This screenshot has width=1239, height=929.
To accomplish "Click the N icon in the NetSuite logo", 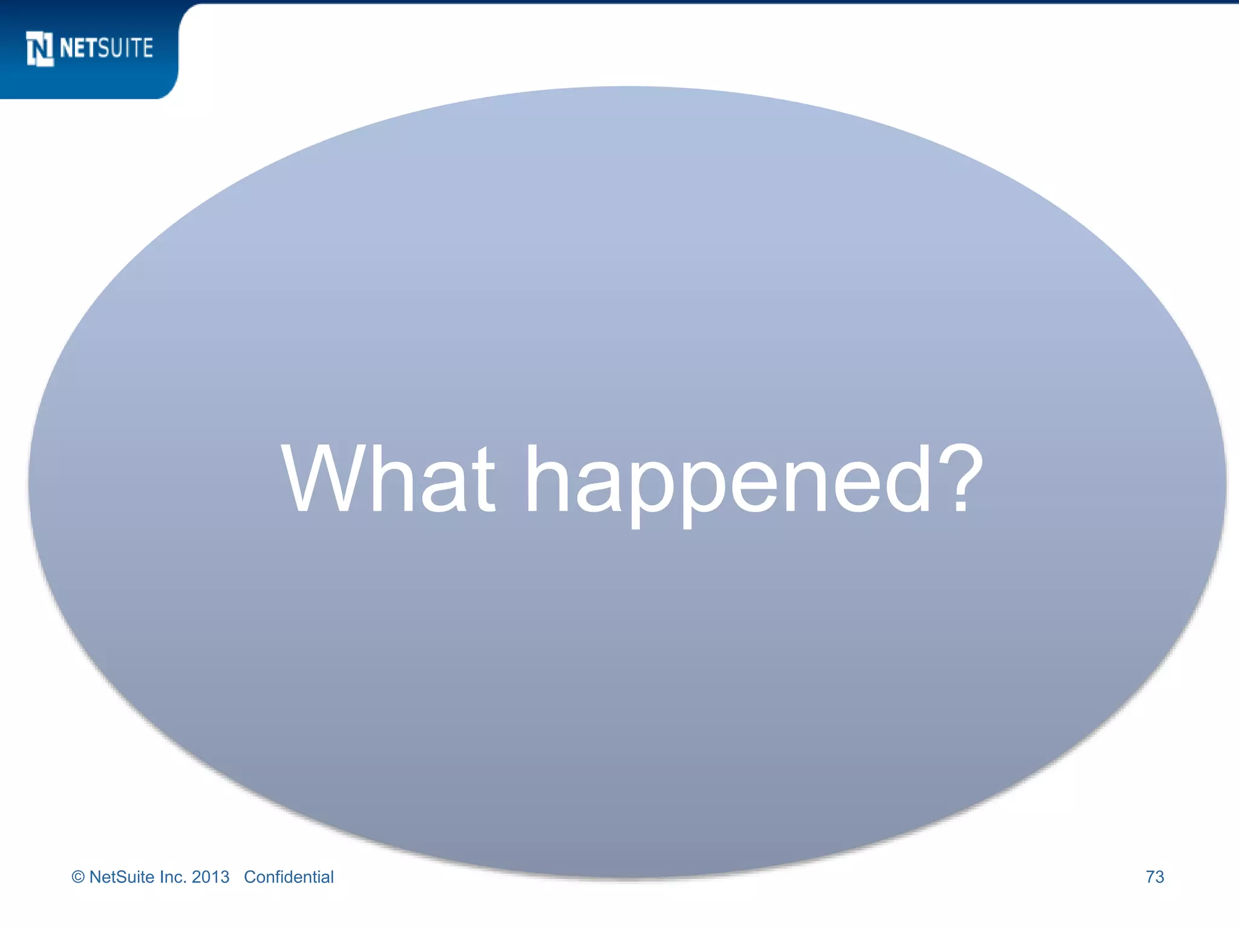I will click(40, 48).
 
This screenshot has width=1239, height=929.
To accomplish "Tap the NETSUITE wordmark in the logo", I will click(106, 48).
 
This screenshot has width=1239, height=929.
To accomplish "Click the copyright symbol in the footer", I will click(78, 877).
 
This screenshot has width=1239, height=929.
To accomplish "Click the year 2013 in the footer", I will click(211, 877).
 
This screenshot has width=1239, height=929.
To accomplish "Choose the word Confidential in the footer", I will click(289, 877).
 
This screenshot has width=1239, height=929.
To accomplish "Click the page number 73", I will click(1154, 877).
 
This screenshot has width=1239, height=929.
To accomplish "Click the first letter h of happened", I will click(547, 478).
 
